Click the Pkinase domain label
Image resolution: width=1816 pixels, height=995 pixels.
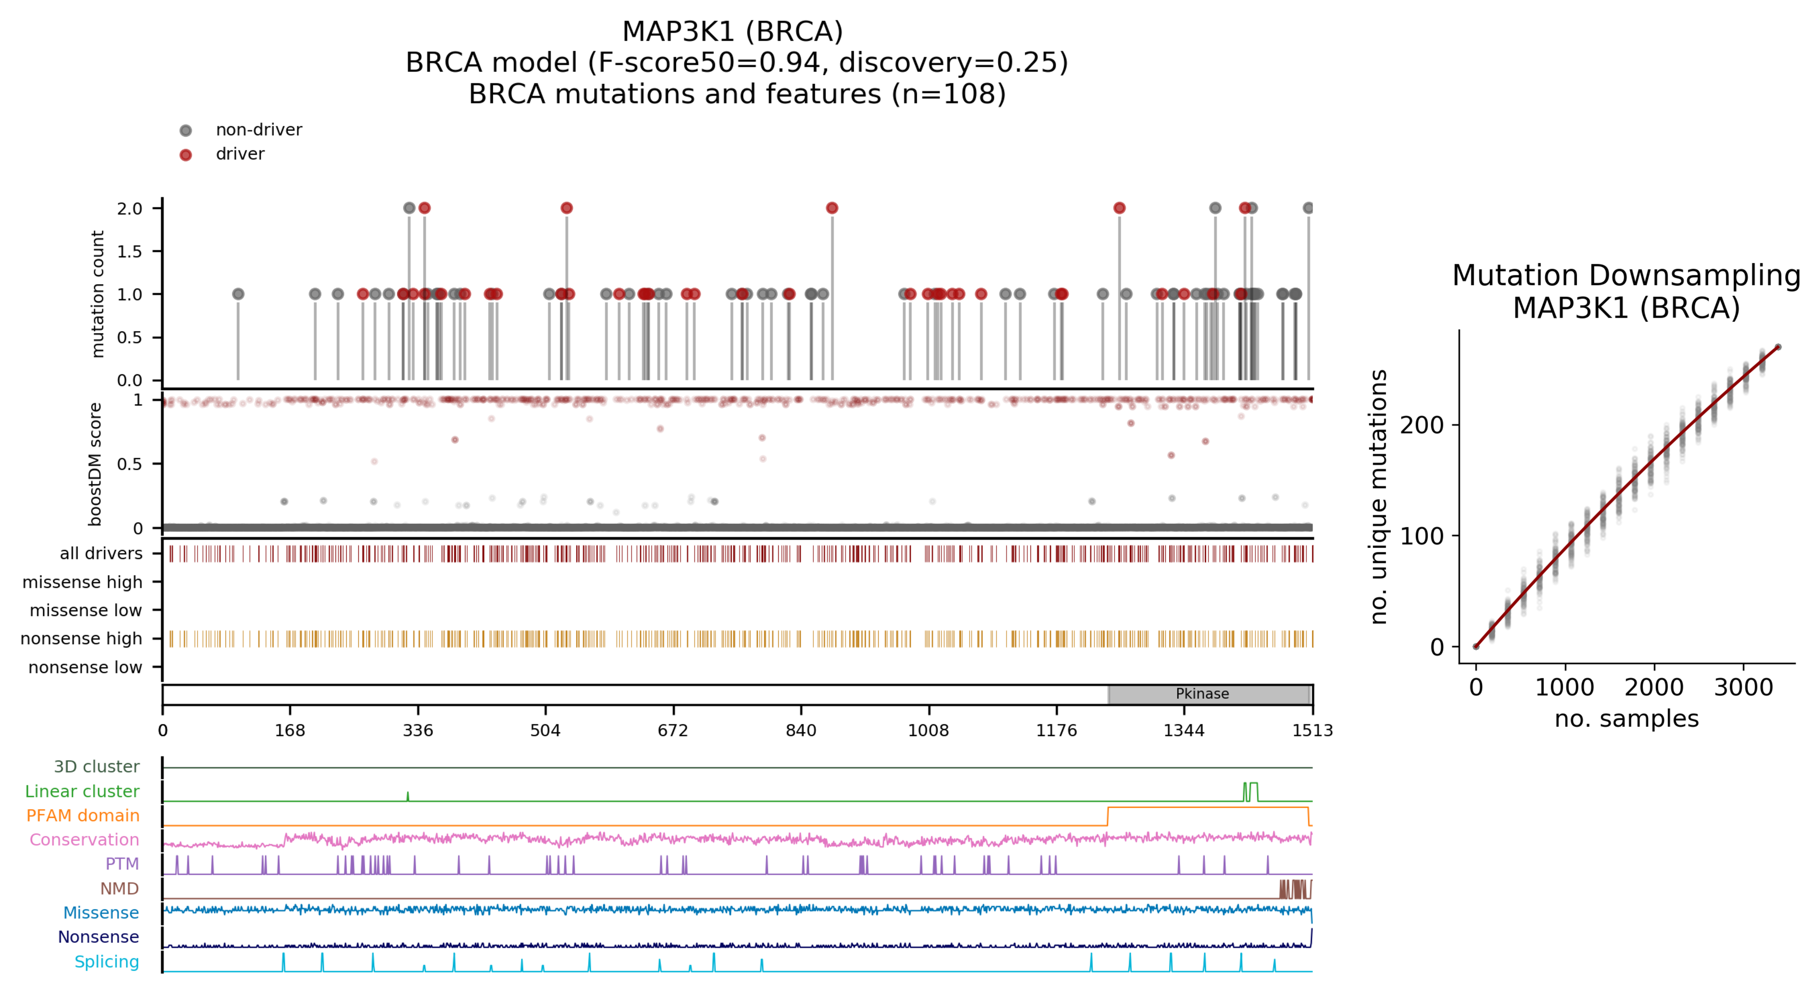pyautogui.click(x=1202, y=693)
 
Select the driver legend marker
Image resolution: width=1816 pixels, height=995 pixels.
pyautogui.click(x=185, y=154)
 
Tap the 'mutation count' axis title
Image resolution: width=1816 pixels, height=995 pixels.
pyautogui.click(x=97, y=294)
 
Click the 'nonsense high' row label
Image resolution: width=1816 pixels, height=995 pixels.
pyautogui.click(x=81, y=638)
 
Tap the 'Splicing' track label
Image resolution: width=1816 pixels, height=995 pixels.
pyautogui.click(x=107, y=962)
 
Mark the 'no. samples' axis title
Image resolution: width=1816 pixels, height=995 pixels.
pyautogui.click(x=1626, y=719)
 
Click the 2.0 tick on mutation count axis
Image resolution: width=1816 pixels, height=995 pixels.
pyautogui.click(x=130, y=209)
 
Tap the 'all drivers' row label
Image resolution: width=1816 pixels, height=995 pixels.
pyautogui.click(x=101, y=553)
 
